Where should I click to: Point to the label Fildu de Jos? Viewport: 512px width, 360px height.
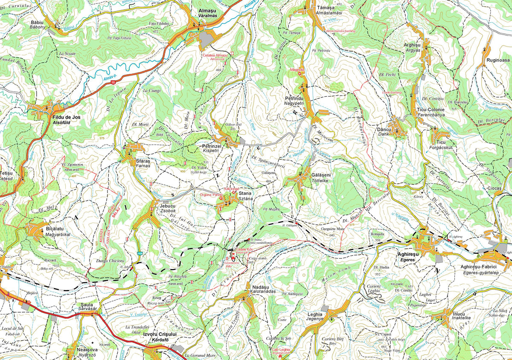coord(66,117)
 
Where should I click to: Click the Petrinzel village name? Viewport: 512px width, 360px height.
coord(212,146)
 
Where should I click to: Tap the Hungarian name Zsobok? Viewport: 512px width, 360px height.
coord(168,211)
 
